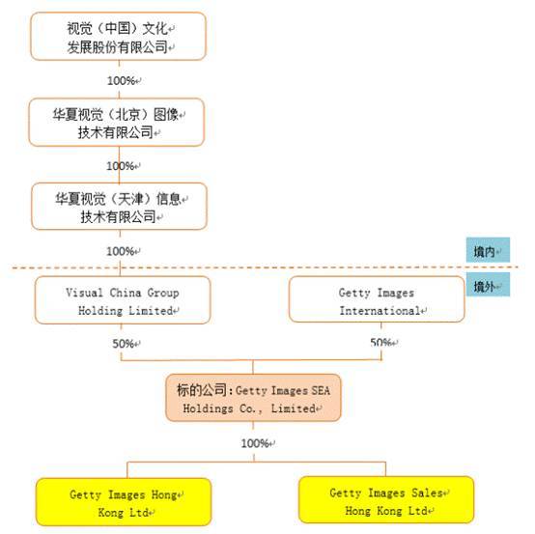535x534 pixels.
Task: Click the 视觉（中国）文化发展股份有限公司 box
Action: point(118,36)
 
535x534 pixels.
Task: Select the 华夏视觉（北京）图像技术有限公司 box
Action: point(117,123)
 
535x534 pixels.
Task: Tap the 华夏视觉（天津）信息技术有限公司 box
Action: point(119,207)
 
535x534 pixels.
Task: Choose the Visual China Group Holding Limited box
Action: point(123,300)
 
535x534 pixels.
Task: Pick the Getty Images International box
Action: point(377,299)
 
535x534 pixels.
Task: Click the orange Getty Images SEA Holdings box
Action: point(253,398)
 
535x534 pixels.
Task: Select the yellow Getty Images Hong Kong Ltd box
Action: point(124,502)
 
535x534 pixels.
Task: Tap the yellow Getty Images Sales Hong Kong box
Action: point(386,500)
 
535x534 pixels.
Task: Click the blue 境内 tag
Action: point(488,250)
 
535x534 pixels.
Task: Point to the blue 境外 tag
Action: point(488,285)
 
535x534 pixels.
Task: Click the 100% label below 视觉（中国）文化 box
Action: point(122,81)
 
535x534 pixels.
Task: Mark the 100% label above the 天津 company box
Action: point(121,166)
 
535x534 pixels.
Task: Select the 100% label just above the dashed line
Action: point(121,251)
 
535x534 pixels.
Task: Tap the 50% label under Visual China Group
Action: point(124,344)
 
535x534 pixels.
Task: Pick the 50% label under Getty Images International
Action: point(380,342)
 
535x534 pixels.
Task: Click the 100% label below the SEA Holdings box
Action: point(255,443)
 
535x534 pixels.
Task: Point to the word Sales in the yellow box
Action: point(427,493)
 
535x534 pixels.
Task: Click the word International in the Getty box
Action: point(380,311)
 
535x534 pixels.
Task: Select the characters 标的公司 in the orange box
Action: point(202,390)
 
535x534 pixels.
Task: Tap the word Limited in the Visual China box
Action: point(151,311)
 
